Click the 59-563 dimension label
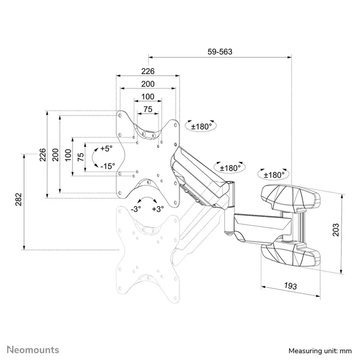[220, 51]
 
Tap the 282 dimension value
[18, 200]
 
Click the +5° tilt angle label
[106, 148]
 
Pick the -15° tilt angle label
[107, 166]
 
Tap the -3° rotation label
[135, 209]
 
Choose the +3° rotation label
[158, 209]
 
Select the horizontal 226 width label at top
[148, 71]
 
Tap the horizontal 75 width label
[148, 109]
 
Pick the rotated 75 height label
[80, 157]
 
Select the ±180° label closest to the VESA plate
[202, 126]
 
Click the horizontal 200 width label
[148, 84]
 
